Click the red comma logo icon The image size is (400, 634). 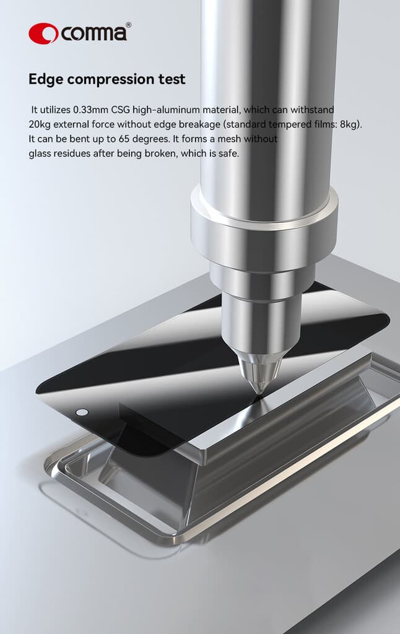click(x=43, y=33)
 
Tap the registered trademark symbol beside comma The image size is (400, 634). click(x=128, y=25)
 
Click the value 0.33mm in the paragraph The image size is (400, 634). click(x=90, y=110)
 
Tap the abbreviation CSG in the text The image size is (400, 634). click(x=121, y=110)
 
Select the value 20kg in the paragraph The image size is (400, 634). click(x=39, y=124)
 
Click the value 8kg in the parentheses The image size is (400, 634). click(x=349, y=124)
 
